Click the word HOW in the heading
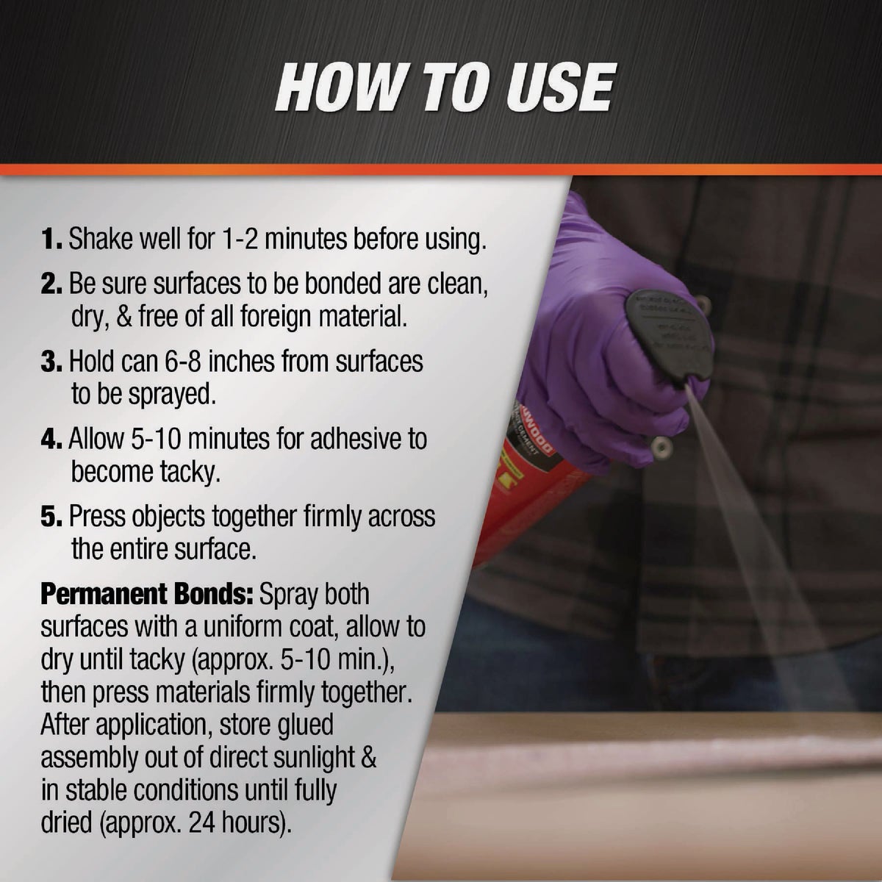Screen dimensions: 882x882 coord(339,87)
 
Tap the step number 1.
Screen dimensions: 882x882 coord(51,240)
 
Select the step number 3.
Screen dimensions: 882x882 coord(53,362)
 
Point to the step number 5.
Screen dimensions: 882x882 coord(53,517)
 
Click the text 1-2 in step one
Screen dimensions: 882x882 coord(237,240)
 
